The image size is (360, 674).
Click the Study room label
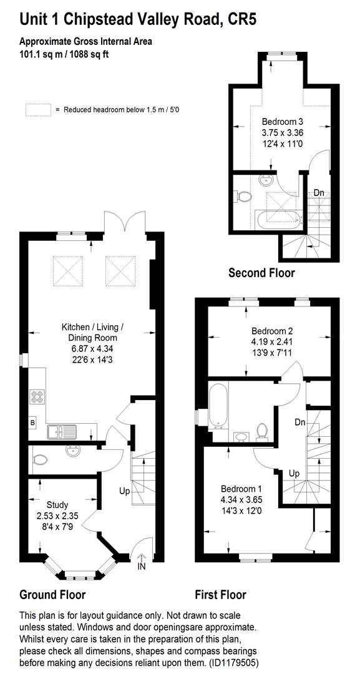coord(57,504)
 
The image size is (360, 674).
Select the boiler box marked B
coord(32,423)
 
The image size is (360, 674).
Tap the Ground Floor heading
coord(52,594)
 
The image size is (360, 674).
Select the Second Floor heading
coord(261,273)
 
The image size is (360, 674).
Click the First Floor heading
coord(220,595)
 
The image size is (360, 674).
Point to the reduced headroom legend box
coord(37,109)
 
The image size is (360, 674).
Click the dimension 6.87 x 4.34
coord(92,348)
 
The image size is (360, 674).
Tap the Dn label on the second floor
coord(319,192)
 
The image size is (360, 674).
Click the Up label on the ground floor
coord(125,491)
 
